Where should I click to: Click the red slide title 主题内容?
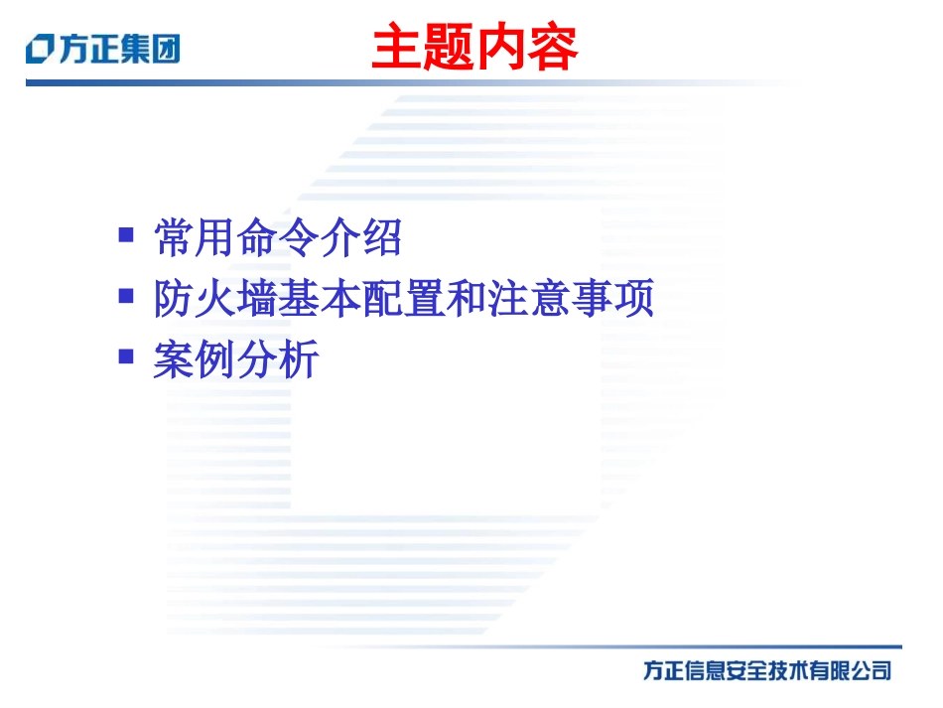point(473,49)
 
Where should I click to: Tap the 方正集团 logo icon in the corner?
point(41,49)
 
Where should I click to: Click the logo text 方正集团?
point(118,49)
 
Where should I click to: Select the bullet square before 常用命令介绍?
point(126,235)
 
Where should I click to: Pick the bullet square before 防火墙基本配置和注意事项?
point(126,296)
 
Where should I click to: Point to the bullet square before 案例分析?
point(126,355)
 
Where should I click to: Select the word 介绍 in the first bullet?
point(361,238)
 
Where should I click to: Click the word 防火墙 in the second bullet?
point(215,299)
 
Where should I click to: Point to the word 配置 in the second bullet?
point(403,299)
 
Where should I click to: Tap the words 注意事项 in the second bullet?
point(571,299)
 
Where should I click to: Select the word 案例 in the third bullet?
point(195,359)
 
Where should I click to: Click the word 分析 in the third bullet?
point(278,359)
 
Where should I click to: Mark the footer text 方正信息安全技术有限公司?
point(766,671)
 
